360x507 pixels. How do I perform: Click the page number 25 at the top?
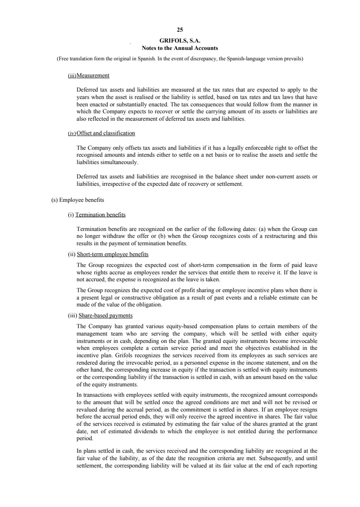[x=180, y=30]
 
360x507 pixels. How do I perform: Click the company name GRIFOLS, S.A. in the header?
[x=180, y=41]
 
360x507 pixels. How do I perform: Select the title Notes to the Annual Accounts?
[x=180, y=48]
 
